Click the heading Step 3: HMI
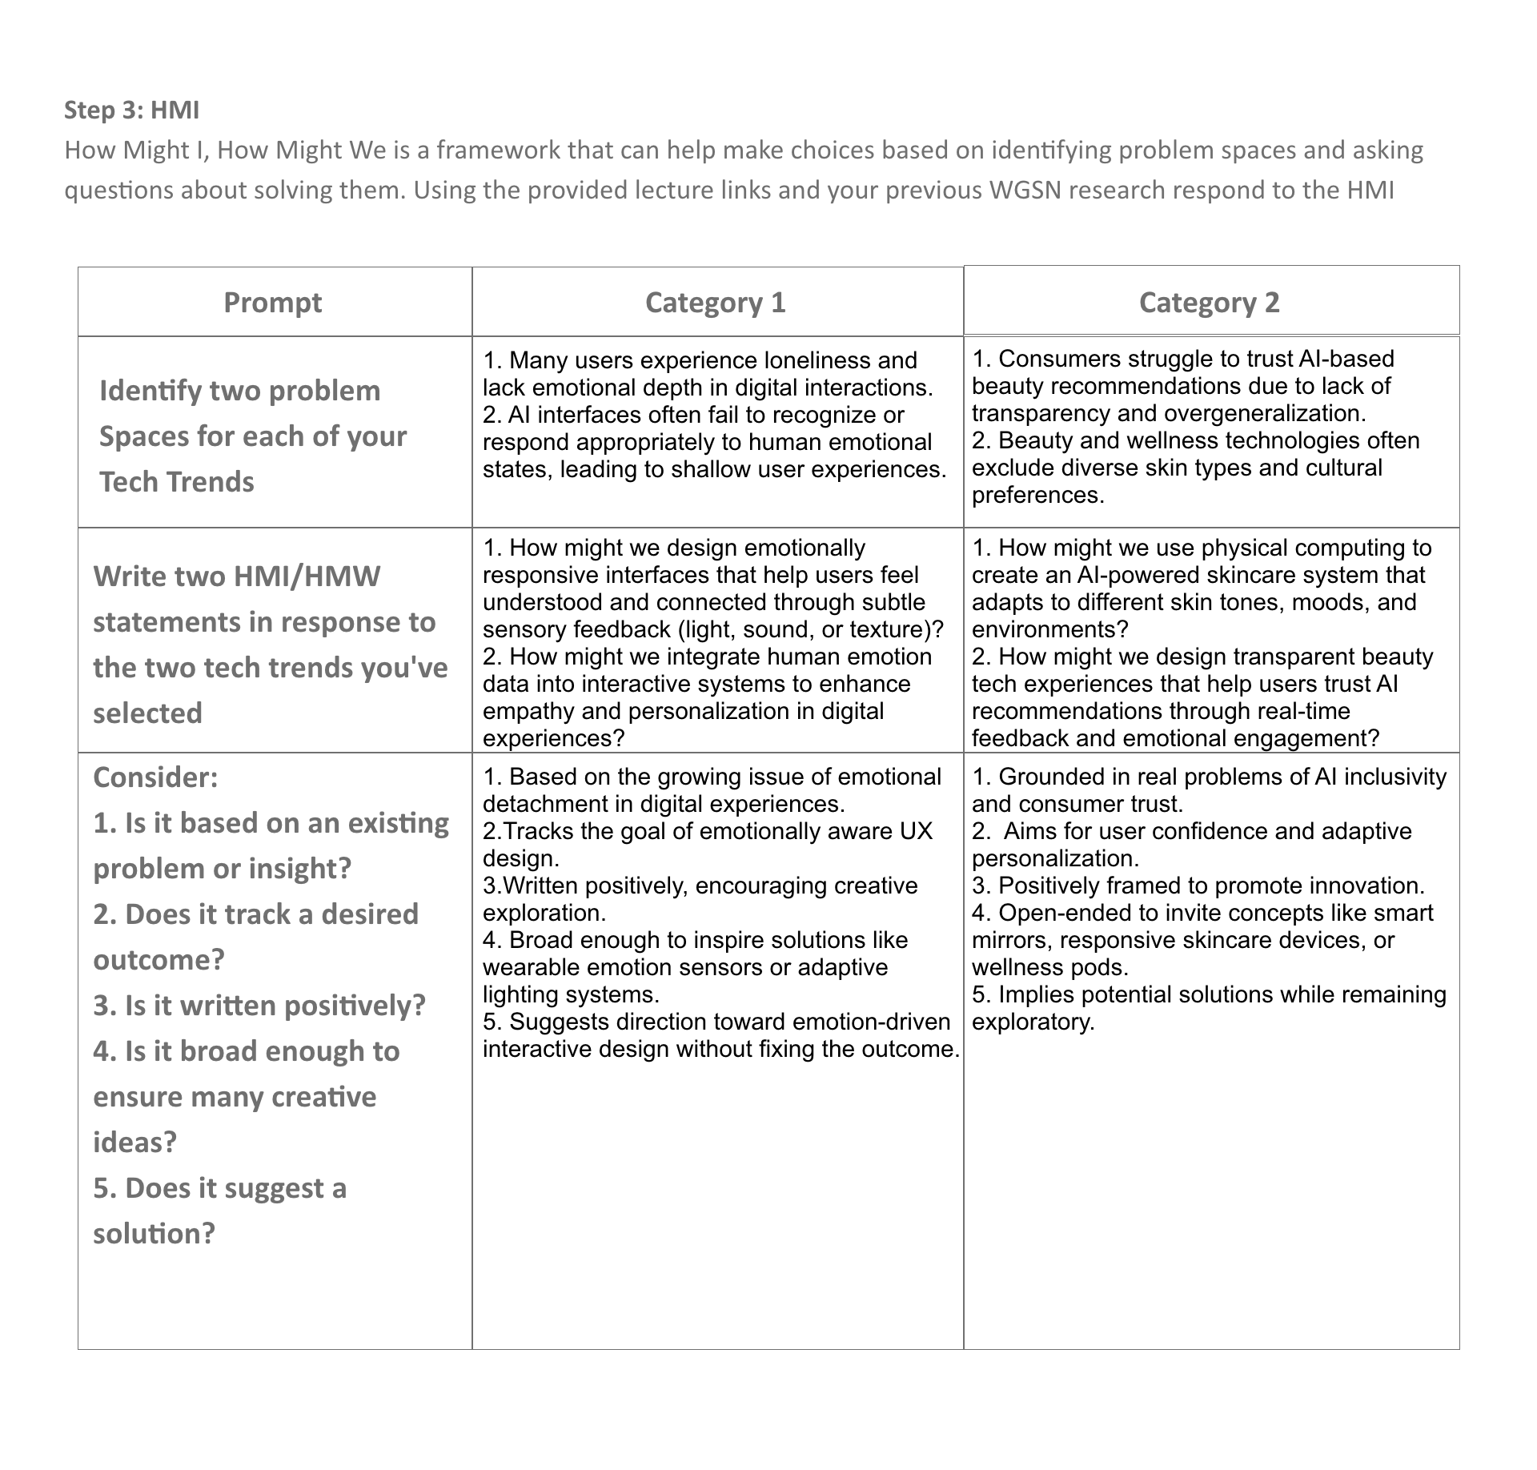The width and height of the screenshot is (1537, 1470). click(x=131, y=110)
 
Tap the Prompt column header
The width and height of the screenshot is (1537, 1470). click(x=272, y=303)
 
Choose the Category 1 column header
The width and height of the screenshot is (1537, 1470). click(x=715, y=303)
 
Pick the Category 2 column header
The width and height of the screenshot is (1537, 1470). click(x=1209, y=303)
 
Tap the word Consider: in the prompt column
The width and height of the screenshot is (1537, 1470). click(x=155, y=777)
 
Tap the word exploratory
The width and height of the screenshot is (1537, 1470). click(x=1032, y=1022)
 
